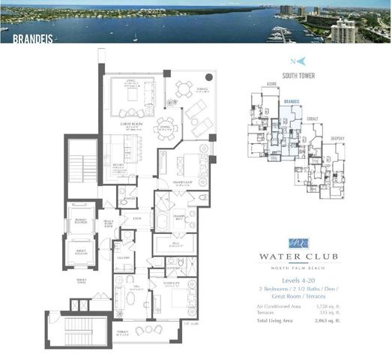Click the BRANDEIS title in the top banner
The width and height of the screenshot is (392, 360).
[x=17, y=34]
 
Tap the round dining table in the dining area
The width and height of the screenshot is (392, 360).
[x=166, y=127]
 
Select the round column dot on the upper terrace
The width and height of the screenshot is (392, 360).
[x=209, y=76]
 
